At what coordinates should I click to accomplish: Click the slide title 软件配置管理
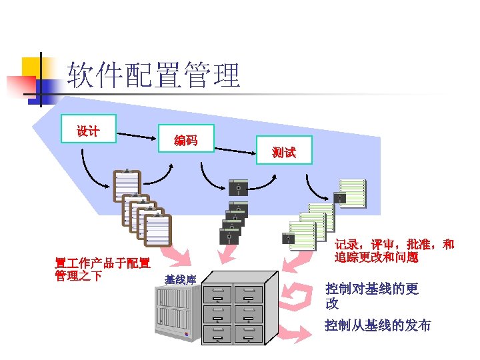tap(154, 75)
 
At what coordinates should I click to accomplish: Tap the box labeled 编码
tap(185, 139)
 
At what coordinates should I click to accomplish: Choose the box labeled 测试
tap(284, 152)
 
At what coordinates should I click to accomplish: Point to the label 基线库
tap(179, 279)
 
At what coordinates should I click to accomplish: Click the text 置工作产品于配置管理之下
tap(102, 269)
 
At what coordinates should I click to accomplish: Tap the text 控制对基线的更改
tap(371, 296)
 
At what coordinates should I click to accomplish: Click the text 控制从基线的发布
tap(377, 325)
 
